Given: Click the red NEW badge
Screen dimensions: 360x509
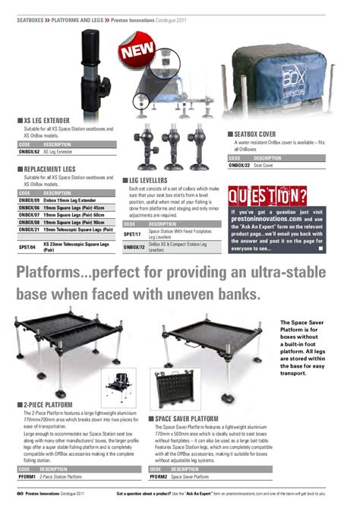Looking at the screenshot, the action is (x=136, y=53).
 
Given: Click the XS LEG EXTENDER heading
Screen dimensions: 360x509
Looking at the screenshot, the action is (x=46, y=121).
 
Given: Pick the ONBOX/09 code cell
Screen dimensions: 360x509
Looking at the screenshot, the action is (x=29, y=200).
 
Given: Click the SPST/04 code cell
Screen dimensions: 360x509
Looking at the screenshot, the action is (x=27, y=246).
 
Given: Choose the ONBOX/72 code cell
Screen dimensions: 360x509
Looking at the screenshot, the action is (x=134, y=248).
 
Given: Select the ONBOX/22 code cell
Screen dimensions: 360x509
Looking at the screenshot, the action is (x=239, y=165).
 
